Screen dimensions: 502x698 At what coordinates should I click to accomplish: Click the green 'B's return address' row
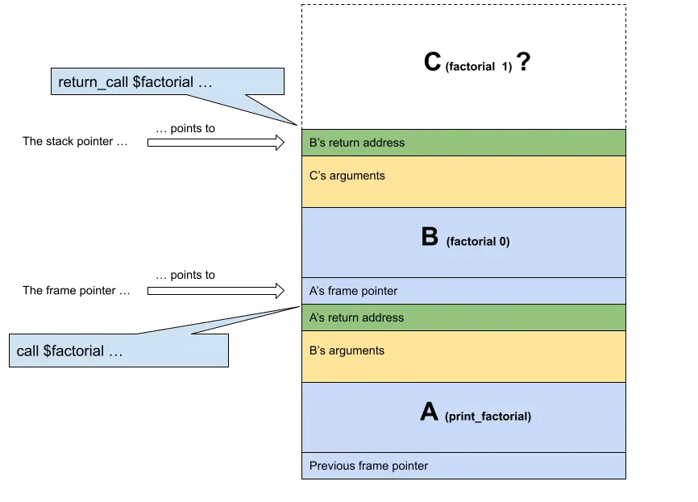pyautogui.click(x=463, y=143)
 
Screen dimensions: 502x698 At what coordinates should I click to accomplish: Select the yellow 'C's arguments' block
pyautogui.click(x=463, y=181)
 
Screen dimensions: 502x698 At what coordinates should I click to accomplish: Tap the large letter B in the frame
pyautogui.click(x=429, y=237)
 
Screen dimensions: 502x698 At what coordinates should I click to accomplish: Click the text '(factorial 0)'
pyautogui.click(x=477, y=241)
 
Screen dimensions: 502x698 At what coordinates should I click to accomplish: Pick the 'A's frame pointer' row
pyautogui.click(x=463, y=291)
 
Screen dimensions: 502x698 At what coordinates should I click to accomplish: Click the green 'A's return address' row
pyautogui.click(x=463, y=317)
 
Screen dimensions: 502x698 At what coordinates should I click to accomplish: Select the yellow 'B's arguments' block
pyautogui.click(x=463, y=356)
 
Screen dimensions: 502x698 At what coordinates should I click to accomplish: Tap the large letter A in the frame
pyautogui.click(x=429, y=413)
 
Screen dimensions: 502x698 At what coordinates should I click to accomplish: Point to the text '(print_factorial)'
pyautogui.click(x=488, y=417)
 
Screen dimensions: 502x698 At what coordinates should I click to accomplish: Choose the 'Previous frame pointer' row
pyautogui.click(x=463, y=466)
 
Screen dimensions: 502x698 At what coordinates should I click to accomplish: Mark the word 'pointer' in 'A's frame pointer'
pyautogui.click(x=379, y=291)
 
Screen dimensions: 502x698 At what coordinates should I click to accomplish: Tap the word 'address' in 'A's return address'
pyautogui.click(x=383, y=317)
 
